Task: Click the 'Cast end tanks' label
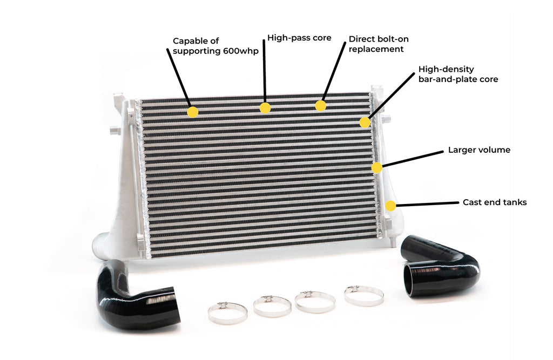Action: (494, 202)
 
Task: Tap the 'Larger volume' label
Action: (479, 150)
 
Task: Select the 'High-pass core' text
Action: (299, 38)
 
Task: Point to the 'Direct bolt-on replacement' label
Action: (376, 44)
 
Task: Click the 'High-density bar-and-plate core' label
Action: (458, 74)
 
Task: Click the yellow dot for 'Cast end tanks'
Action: (390, 206)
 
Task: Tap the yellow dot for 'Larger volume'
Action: (376, 167)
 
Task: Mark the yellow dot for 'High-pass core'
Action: (265, 108)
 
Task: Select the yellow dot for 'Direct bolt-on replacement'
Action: (321, 105)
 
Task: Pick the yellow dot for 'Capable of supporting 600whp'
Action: (192, 112)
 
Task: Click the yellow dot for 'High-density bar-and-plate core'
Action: (365, 123)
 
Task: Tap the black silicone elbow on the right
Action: (440, 267)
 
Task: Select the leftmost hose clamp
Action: (227, 313)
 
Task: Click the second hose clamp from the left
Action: (272, 306)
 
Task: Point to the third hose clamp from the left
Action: (315, 302)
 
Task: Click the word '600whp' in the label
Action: (239, 51)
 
